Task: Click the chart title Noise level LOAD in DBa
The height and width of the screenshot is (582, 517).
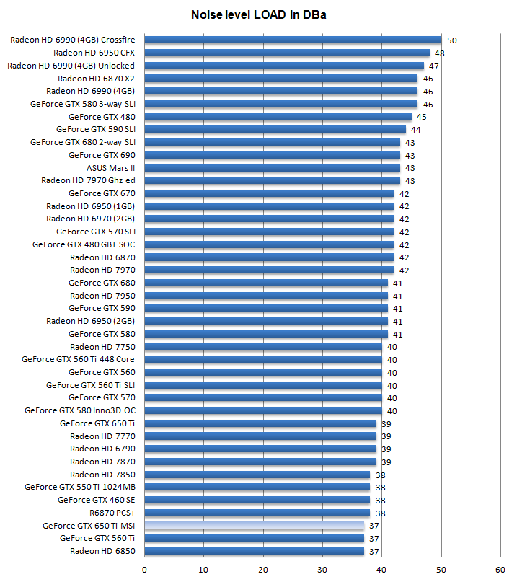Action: [x=258, y=14]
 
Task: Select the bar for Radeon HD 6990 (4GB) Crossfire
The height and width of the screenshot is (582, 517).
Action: [x=293, y=40]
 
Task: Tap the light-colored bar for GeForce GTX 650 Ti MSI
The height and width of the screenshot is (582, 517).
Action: [x=255, y=526]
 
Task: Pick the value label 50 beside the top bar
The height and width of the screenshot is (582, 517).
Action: [x=452, y=40]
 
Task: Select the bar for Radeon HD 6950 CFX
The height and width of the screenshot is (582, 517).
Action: [x=287, y=53]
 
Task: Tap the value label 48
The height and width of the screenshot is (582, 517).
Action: [x=440, y=53]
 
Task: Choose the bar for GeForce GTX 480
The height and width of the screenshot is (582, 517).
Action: [x=278, y=117]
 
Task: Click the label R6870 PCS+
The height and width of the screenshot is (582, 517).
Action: [x=112, y=513]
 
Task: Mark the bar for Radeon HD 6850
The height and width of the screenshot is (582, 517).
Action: [x=255, y=551]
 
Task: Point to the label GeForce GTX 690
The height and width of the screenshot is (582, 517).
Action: [x=102, y=155]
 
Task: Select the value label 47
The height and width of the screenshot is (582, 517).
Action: [x=434, y=66]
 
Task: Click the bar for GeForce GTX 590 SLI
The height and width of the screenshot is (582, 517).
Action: [x=275, y=129]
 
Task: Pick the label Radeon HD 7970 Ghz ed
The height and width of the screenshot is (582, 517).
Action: [x=88, y=180]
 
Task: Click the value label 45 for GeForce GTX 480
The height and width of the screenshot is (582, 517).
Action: [x=422, y=117]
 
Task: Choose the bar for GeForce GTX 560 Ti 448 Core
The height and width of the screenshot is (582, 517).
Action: [x=263, y=359]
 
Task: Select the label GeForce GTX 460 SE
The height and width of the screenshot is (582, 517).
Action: [x=97, y=500]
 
